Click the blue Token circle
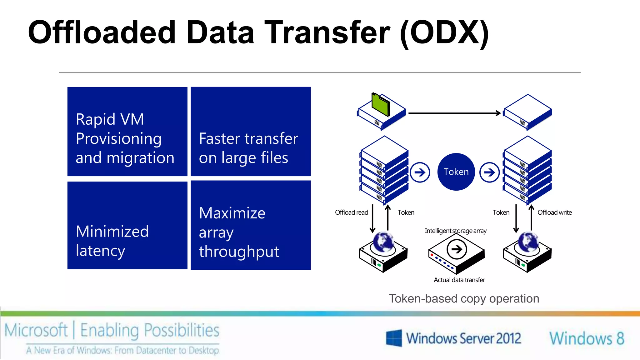tap(456, 172)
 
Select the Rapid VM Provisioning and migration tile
tap(127, 132)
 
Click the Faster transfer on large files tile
tap(251, 132)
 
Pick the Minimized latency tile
tap(127, 225)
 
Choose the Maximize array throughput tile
tap(251, 225)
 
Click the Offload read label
tap(351, 212)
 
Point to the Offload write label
tap(555, 212)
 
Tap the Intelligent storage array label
tap(456, 231)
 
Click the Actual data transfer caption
tap(459, 280)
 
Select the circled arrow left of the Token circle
tap(420, 172)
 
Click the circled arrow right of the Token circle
tap(489, 172)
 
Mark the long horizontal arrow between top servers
tap(454, 113)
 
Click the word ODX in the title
tap(444, 32)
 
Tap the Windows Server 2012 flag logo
tap(394, 338)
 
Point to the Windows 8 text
tap(587, 338)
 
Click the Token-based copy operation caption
tap(464, 299)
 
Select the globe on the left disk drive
tap(383, 242)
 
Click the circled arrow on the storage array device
tap(457, 249)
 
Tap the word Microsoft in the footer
tap(36, 330)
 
